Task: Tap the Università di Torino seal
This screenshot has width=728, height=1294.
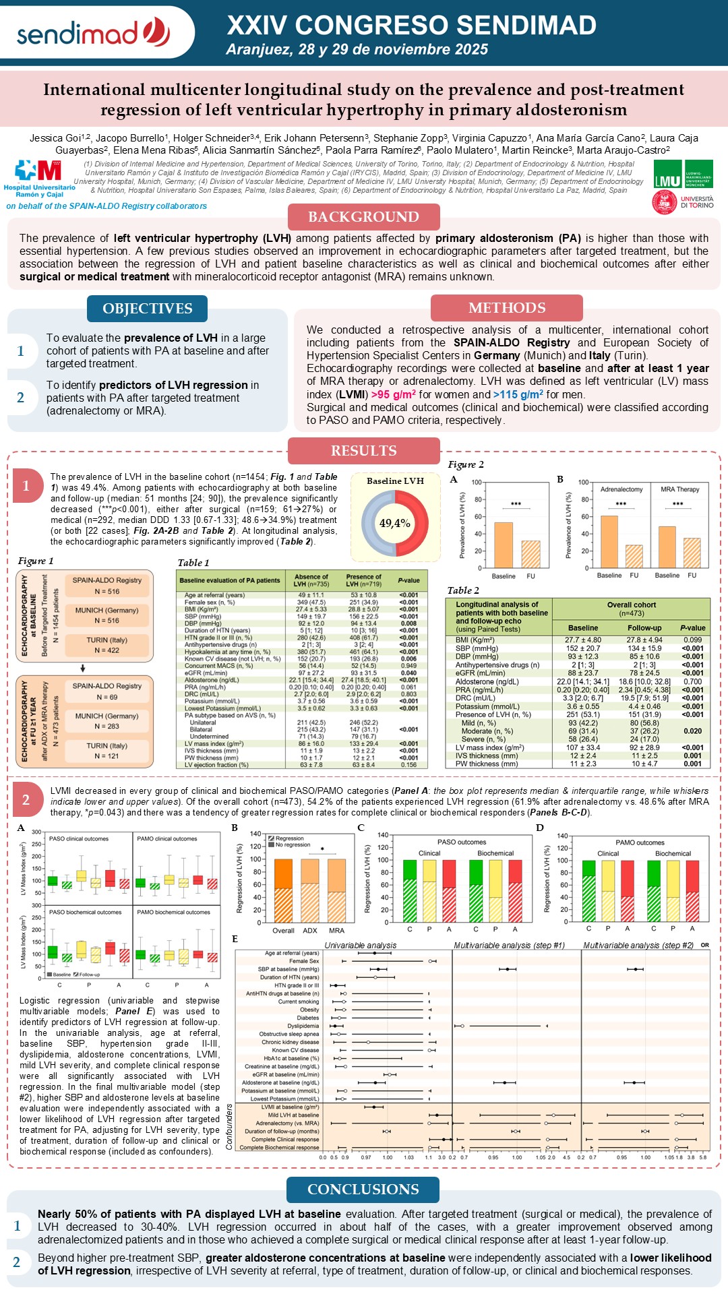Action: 664,202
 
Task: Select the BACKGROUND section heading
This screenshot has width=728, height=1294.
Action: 363,217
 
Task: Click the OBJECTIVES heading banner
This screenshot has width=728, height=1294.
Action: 147,309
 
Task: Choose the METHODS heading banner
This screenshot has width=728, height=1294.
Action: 507,308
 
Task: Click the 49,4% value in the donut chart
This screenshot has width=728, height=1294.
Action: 395,523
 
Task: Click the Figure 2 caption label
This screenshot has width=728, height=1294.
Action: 466,464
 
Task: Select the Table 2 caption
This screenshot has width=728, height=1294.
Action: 463,590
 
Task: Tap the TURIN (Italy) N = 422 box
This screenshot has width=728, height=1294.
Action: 107,645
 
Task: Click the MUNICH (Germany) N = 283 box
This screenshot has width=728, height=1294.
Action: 107,721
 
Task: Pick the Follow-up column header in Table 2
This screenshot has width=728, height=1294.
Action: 644,627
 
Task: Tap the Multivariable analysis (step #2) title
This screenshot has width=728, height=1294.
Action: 638,946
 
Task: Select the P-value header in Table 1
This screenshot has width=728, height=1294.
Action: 408,580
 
